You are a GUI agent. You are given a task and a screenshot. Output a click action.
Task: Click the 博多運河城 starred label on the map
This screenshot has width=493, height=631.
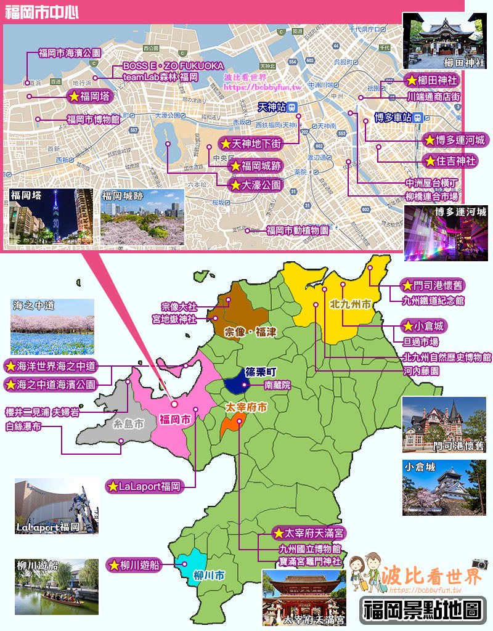(x=456, y=140)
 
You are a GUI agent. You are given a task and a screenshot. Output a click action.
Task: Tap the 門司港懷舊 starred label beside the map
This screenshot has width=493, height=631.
(x=431, y=285)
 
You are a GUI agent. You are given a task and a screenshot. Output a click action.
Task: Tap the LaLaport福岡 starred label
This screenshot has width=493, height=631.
(x=144, y=486)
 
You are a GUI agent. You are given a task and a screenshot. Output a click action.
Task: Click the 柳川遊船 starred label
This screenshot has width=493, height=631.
(x=134, y=564)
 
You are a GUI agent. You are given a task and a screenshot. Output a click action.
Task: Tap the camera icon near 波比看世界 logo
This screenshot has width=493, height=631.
(x=480, y=563)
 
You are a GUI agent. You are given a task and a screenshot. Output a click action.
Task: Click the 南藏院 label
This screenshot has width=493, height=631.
(x=277, y=385)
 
